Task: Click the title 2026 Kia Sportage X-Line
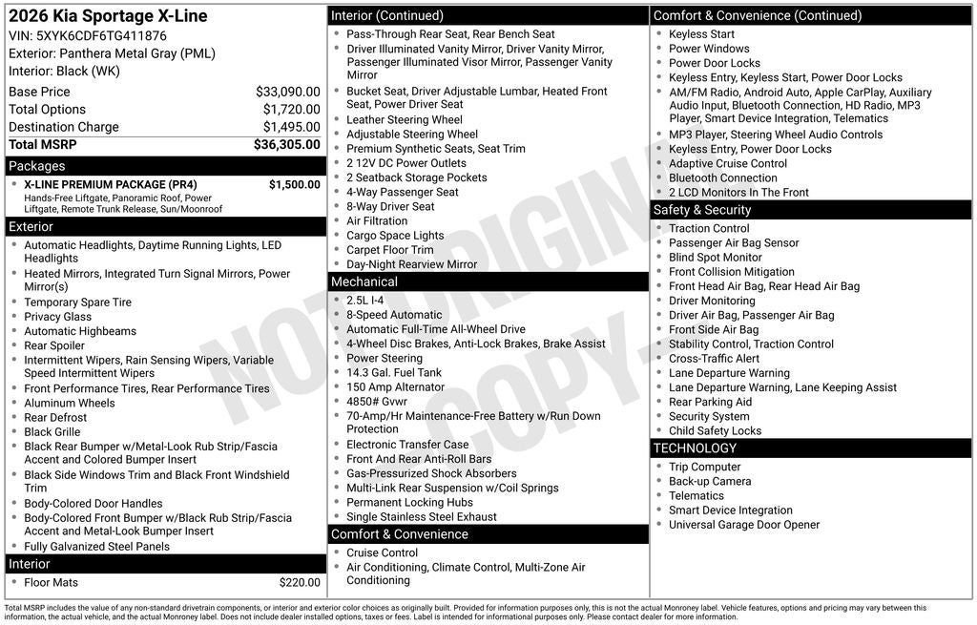(x=108, y=16)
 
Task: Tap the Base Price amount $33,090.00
(x=287, y=92)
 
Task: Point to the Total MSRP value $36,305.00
(x=286, y=145)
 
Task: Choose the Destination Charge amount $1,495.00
(x=291, y=127)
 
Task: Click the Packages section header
(x=36, y=166)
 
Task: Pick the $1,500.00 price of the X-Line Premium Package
(x=294, y=185)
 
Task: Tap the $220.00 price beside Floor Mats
(x=300, y=582)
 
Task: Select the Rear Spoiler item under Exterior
(x=54, y=345)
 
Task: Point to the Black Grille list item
(x=52, y=431)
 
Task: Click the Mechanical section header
(x=364, y=281)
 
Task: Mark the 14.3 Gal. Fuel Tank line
(x=394, y=372)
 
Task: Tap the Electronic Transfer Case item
(x=407, y=444)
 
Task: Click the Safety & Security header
(x=701, y=210)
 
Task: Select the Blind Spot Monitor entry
(x=715, y=257)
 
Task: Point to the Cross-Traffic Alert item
(x=714, y=359)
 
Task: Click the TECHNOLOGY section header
(x=695, y=448)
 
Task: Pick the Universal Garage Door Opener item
(x=743, y=525)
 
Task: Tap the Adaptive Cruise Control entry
(x=728, y=163)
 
